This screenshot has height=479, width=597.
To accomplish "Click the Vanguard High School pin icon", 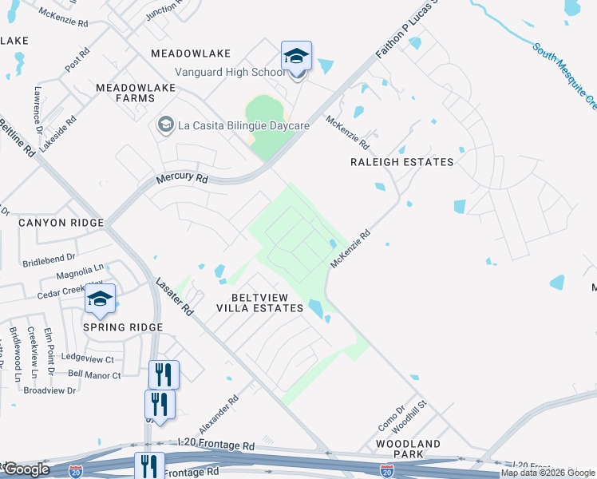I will point(295,57).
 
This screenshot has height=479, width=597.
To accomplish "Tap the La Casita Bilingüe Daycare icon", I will point(165,125).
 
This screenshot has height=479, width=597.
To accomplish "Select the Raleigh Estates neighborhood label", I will point(401,162).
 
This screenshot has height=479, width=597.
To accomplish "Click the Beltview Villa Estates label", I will point(261,302).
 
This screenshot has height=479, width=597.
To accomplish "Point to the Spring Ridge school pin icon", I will point(101,300).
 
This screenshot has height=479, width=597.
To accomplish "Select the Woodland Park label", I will point(409,449).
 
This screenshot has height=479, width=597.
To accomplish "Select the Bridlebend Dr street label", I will point(49,258).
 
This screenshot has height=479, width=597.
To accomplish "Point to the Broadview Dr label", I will point(49,390).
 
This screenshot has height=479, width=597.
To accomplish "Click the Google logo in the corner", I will point(26,469).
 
